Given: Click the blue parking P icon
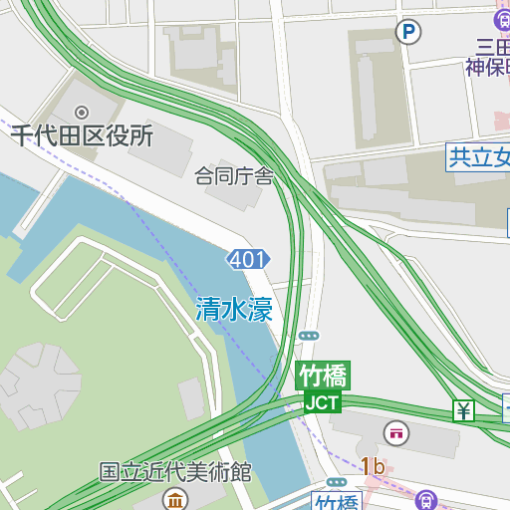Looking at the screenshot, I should point(407,33).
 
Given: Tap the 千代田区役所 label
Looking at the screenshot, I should point(82,136).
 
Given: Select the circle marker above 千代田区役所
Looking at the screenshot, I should point(82,112).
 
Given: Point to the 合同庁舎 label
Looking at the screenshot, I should point(234,177).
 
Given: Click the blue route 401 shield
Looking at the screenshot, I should point(248,260).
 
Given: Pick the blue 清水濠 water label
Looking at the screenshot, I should point(234,309).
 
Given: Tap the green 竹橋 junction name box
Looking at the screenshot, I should point(323,377).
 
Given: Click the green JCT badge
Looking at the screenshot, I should point(322,402).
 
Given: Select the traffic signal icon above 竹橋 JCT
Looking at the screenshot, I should point(309,336).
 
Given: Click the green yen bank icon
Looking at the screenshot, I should point(463,410).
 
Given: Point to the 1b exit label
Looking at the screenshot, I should point(373,466).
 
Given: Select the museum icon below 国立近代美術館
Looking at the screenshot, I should point(175,498).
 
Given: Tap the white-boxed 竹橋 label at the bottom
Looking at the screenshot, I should point(336,501).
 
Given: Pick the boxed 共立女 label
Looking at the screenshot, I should point(479,156).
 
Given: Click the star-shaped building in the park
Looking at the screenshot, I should point(39,383).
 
